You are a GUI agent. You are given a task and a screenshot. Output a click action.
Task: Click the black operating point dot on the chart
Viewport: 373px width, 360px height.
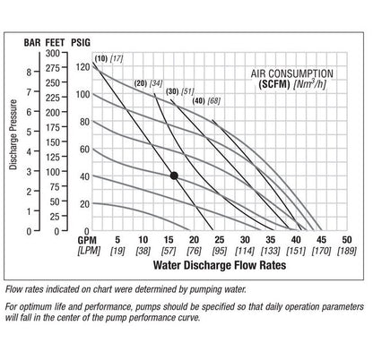pos(174,176)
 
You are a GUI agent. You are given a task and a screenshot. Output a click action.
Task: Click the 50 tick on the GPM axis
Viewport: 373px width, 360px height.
pos(347,240)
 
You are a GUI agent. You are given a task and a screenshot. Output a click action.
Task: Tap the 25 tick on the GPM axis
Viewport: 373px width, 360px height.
pos(220,240)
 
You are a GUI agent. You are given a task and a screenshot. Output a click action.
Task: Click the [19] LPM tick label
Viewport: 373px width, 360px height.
pos(117,252)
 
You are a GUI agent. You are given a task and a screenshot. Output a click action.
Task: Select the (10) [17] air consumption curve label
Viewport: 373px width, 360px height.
pos(109,58)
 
